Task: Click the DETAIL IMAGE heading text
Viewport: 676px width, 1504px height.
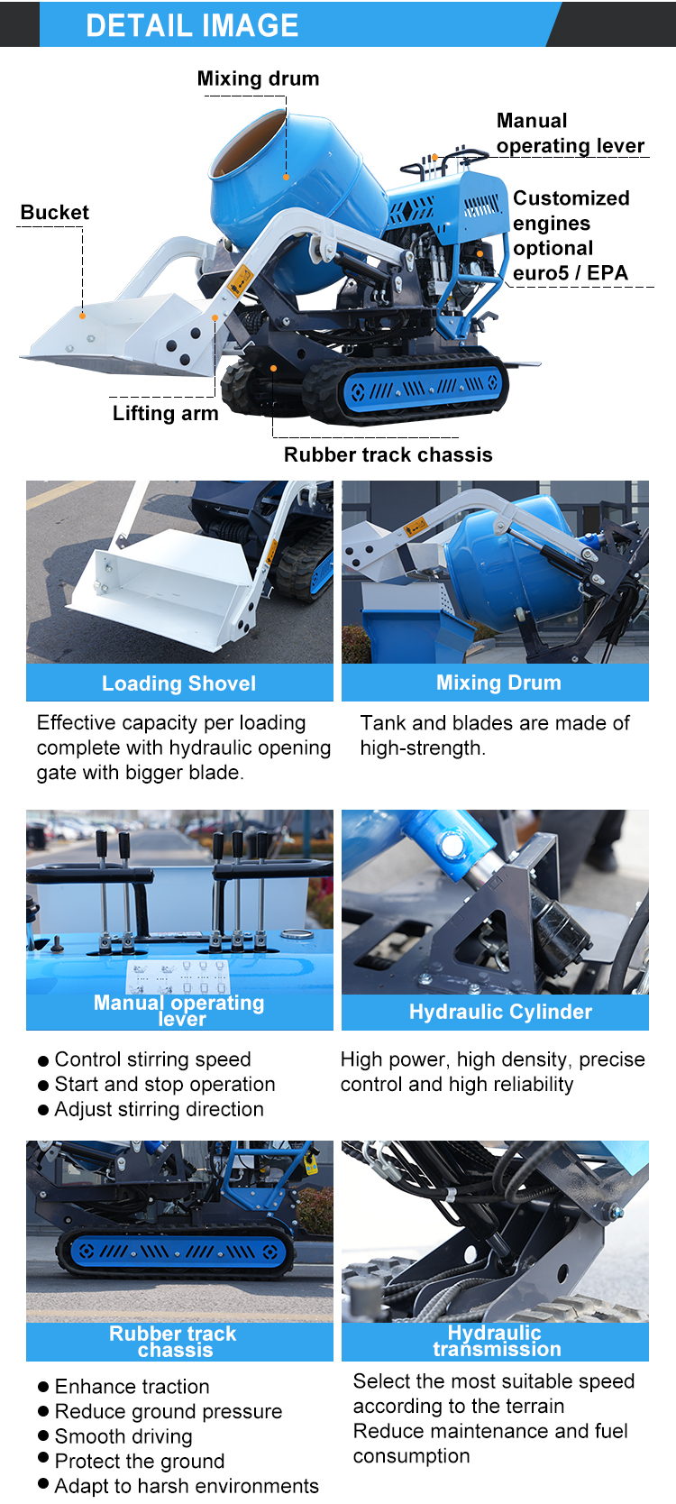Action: (x=192, y=25)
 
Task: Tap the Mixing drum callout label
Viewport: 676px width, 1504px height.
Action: (x=258, y=78)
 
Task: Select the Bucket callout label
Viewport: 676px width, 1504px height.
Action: (x=54, y=212)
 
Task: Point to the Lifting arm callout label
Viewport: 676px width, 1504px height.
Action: (x=165, y=413)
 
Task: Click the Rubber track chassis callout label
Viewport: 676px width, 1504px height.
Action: (x=388, y=454)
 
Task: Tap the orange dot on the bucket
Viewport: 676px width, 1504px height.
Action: (x=83, y=316)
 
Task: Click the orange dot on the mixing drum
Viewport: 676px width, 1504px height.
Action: (x=286, y=178)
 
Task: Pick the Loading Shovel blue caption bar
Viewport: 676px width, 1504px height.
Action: (x=179, y=683)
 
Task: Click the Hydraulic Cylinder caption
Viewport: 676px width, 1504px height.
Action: (x=501, y=1012)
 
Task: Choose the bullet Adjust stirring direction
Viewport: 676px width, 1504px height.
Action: (x=160, y=1109)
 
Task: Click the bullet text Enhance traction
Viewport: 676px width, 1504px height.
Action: (x=132, y=1387)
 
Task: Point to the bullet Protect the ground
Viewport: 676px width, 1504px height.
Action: (x=140, y=1461)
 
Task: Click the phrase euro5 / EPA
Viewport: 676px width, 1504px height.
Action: (x=571, y=272)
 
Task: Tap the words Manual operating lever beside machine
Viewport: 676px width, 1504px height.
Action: (x=570, y=133)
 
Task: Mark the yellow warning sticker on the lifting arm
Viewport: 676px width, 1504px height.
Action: (x=241, y=281)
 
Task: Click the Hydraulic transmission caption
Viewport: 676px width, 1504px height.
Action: (x=496, y=1341)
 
